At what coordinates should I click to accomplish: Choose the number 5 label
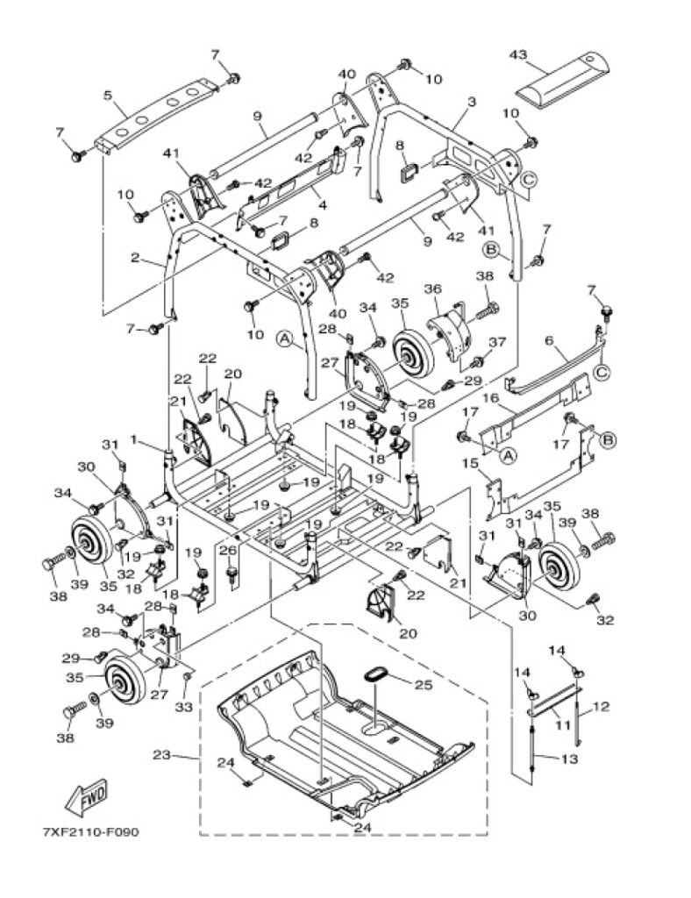108,95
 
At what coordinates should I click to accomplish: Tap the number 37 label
497,342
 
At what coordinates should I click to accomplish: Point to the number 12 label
602,705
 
